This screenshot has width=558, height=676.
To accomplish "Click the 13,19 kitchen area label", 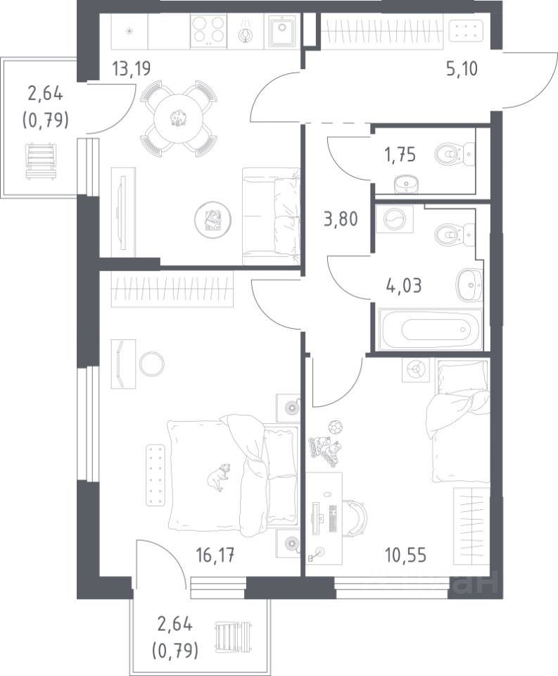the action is pyautogui.click(x=131, y=68).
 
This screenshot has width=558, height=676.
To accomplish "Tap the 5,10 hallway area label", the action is pyautogui.click(x=462, y=68).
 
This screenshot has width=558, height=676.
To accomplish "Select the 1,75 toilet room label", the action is pyautogui.click(x=400, y=154).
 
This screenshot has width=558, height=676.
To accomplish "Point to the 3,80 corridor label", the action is pyautogui.click(x=341, y=219).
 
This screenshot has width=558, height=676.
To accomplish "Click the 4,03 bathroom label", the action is pyautogui.click(x=404, y=285).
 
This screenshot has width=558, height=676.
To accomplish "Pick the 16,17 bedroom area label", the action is pyautogui.click(x=215, y=556).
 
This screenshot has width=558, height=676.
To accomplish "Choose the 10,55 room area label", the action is pyautogui.click(x=406, y=556).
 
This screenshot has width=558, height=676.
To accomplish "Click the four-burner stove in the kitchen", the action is pyautogui.click(x=208, y=30).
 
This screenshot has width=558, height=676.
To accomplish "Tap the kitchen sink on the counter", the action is pyautogui.click(x=282, y=30).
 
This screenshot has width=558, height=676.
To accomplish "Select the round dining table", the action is pyautogui.click(x=177, y=118).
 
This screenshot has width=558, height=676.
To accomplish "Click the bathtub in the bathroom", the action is pyautogui.click(x=430, y=329).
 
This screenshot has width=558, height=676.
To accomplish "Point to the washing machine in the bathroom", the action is pyautogui.click(x=395, y=219).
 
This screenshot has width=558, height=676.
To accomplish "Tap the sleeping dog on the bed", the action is pyautogui.click(x=218, y=477).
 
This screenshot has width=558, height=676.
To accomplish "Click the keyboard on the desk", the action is pyautogui.click(x=333, y=519).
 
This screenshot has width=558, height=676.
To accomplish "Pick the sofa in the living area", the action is pyautogui.click(x=271, y=216).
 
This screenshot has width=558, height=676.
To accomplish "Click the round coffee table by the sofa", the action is pyautogui.click(x=213, y=220).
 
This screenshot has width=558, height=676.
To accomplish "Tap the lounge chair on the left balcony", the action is pyautogui.click(x=41, y=162).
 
